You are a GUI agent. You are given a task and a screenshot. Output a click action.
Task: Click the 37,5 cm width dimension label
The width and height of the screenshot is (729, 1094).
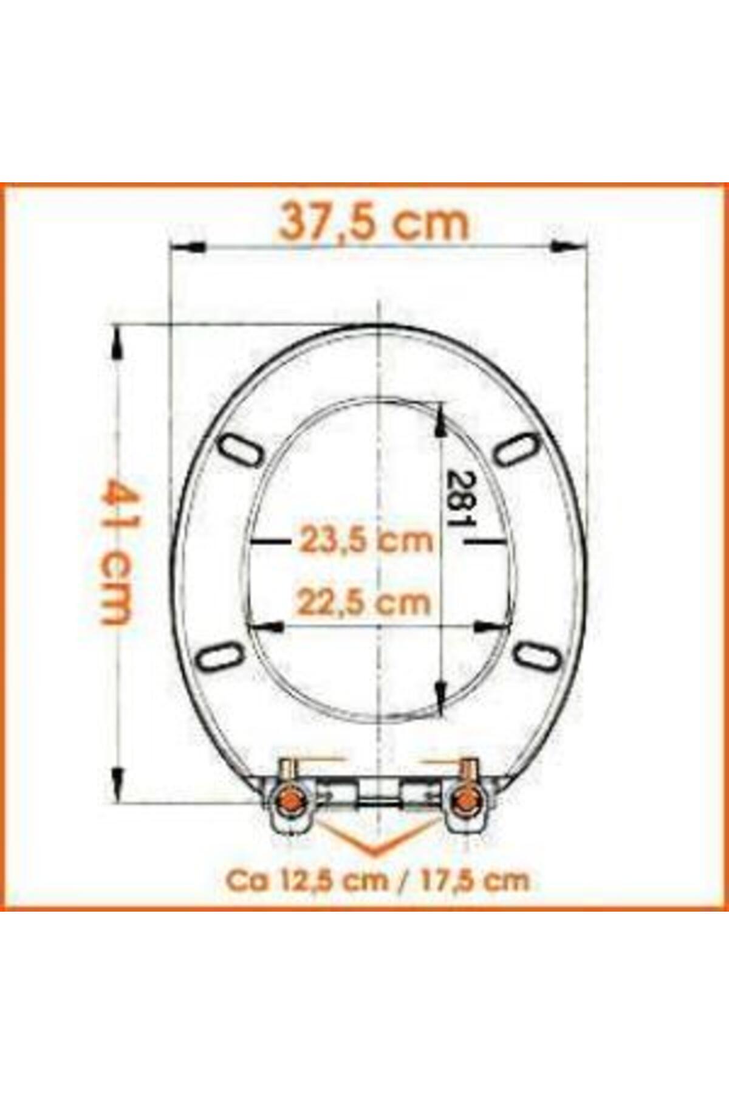pyautogui.click(x=374, y=223)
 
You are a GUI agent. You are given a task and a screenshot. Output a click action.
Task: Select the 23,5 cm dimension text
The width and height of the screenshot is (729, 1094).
pyautogui.click(x=366, y=540)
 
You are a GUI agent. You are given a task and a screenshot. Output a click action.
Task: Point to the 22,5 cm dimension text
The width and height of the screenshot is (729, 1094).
pyautogui.click(x=364, y=602)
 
